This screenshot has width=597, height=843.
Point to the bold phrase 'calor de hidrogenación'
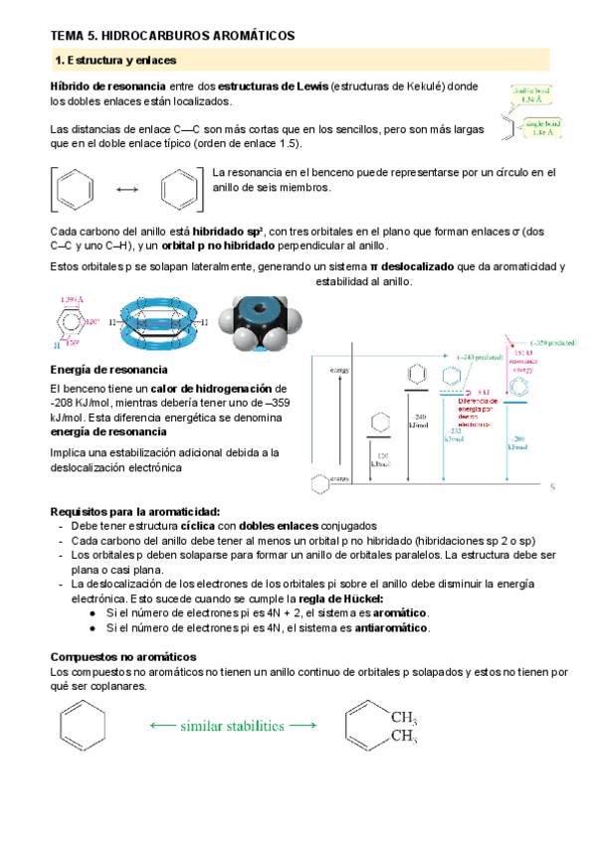pyautogui.click(x=211, y=388)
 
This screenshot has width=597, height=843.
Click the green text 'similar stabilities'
pyautogui.click(x=231, y=727)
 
